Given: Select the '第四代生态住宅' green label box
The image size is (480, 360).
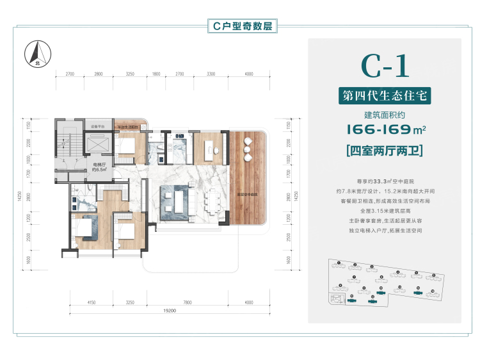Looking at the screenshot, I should [x=385, y=96].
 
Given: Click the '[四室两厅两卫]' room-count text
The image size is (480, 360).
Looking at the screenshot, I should [x=385, y=152].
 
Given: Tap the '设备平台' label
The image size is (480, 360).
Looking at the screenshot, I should [x=97, y=127].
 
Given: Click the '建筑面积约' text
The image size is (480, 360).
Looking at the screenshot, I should [x=385, y=115].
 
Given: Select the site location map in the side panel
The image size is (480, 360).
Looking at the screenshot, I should [x=384, y=285].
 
